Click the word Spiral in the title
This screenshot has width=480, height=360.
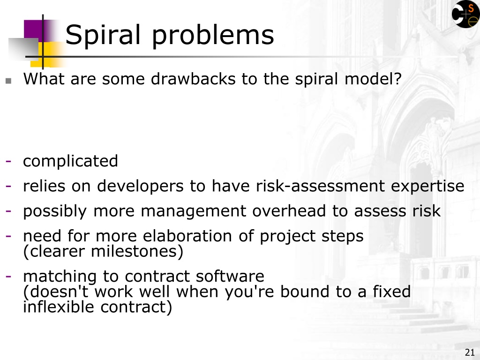pos(103,35)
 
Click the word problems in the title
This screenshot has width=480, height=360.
pos(213,35)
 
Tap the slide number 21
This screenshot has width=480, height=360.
pos(470,352)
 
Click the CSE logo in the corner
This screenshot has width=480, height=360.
pos(465,14)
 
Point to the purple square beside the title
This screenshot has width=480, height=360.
pos(34,30)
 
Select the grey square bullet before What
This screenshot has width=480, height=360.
pos(8,81)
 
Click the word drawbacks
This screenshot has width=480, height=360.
pos(193,79)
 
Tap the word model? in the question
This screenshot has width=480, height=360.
pos(373,79)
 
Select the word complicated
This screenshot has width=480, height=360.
pos(70,161)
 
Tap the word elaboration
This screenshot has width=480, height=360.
pos(187,236)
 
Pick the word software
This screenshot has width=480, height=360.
pos(230,276)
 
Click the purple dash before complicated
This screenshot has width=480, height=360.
pos(8,161)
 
